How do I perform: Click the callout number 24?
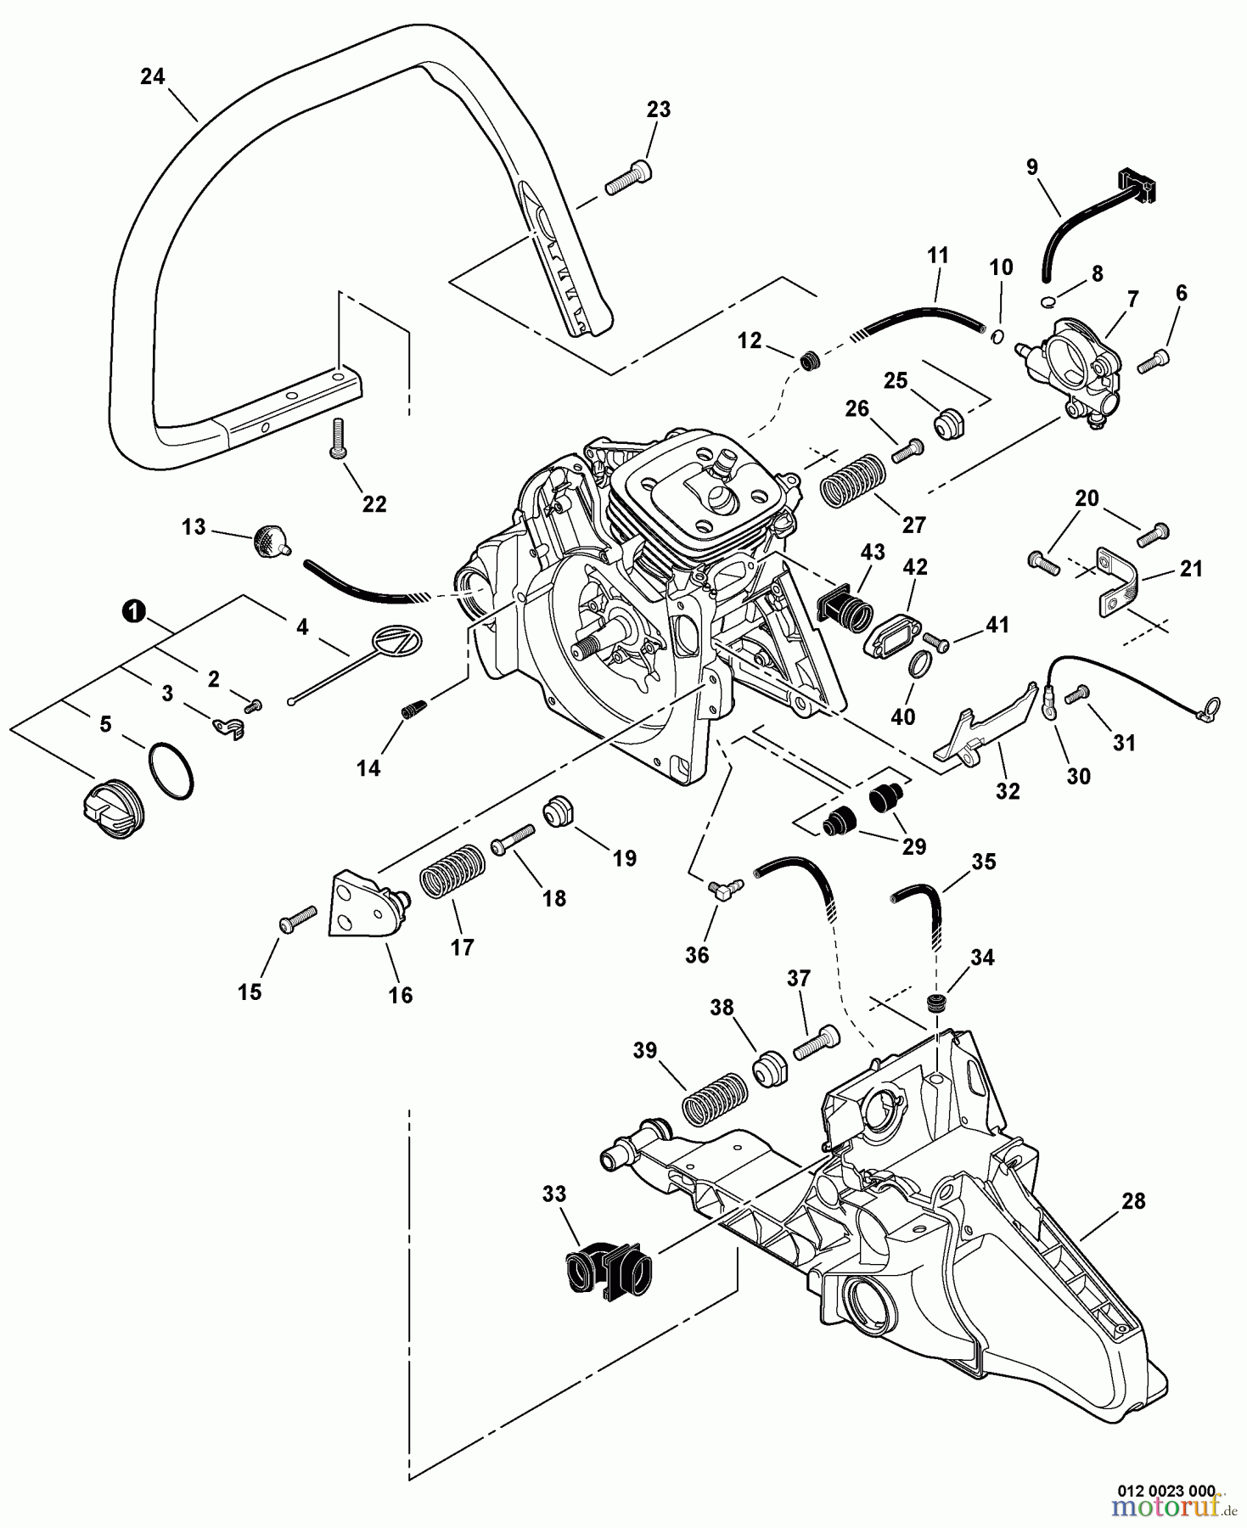click(152, 76)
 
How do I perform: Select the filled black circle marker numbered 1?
click(133, 610)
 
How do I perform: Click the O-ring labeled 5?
click(171, 769)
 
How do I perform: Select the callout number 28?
click(1133, 1200)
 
